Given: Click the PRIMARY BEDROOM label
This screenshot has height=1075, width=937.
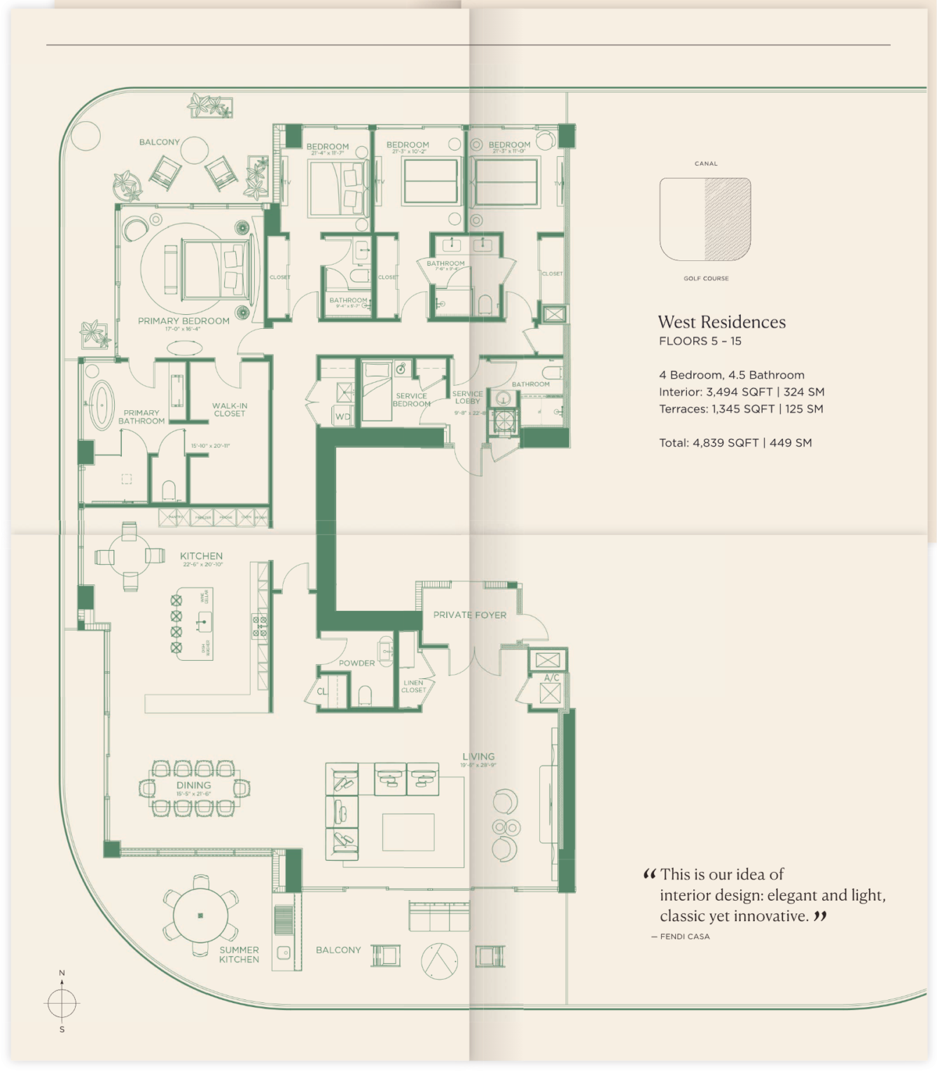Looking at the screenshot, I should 183,321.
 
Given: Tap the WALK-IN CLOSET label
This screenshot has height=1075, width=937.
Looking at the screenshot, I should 230,409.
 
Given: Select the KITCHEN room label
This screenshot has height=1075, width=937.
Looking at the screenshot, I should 201,556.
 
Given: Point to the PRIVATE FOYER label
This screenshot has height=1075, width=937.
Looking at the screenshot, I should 469,615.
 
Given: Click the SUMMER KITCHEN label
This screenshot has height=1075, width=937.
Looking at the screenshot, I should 239,955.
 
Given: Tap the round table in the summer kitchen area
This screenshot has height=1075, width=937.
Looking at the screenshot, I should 200,915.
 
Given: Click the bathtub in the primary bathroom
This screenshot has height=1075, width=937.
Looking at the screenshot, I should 102,405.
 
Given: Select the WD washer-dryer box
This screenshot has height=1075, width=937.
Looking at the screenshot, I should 342,416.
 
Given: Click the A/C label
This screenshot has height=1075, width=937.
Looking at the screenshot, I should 551,677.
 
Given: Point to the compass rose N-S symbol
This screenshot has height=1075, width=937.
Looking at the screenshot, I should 62,1003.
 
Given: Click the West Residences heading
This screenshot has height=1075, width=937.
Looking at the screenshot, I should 721,322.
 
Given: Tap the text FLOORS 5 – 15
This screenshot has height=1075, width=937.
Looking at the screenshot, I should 700,342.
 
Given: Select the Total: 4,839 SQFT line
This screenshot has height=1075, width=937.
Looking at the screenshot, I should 735,443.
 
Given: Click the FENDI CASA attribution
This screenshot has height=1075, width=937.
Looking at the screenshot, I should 684,936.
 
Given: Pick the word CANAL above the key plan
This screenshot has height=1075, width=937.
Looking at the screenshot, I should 705,164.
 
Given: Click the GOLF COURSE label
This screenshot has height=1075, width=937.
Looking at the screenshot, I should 706,279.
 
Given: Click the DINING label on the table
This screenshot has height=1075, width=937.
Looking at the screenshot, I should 193,786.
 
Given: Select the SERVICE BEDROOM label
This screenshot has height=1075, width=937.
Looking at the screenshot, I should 411,400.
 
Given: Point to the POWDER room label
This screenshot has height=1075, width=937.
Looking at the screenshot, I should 356,663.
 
